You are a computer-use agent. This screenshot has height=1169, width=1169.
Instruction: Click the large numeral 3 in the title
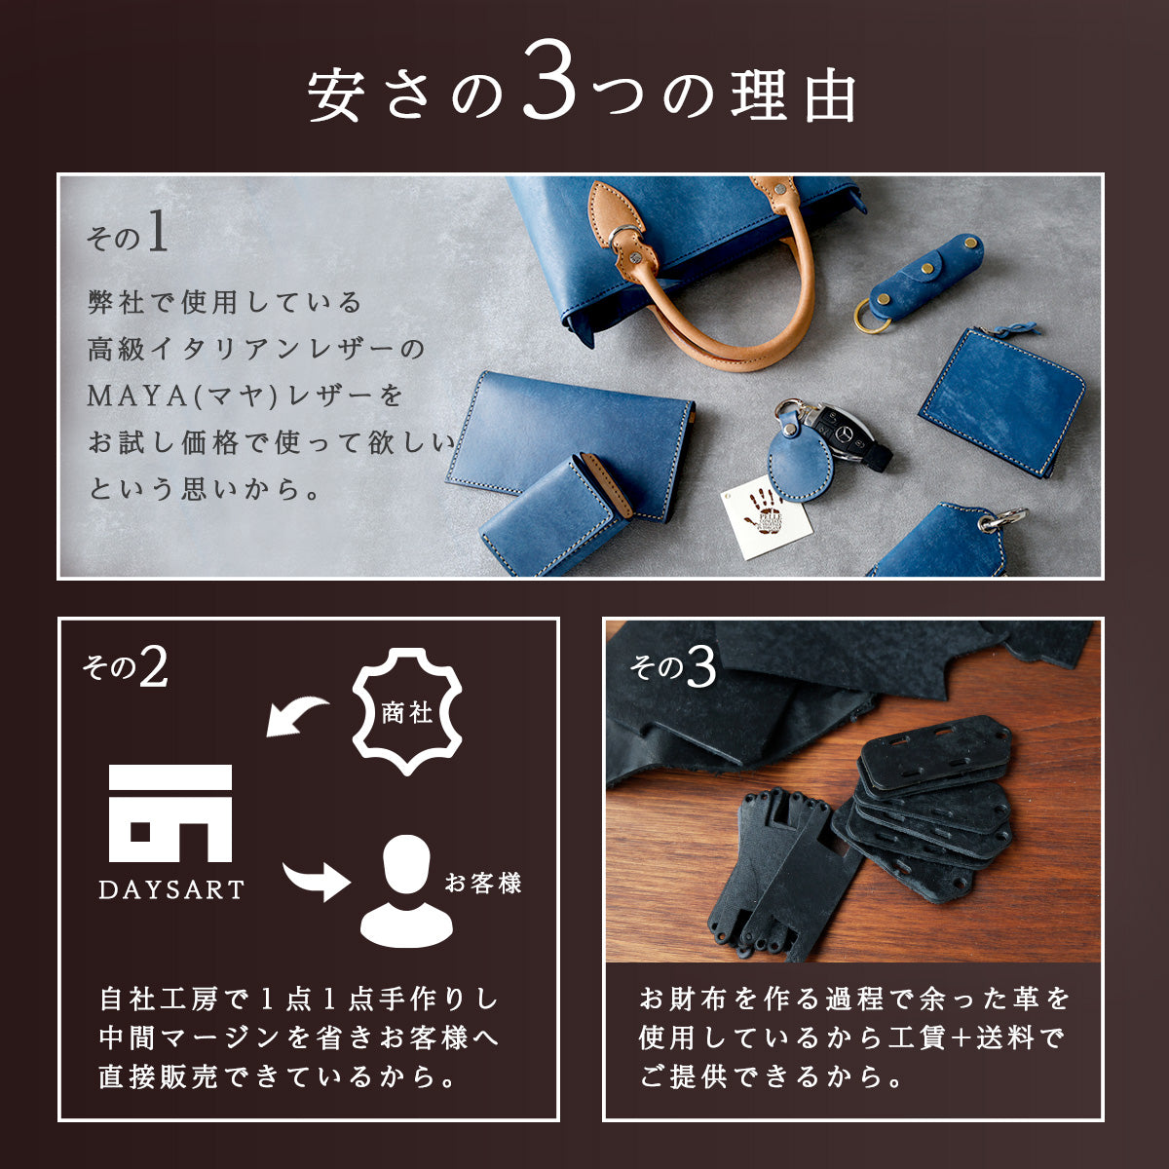click(549, 80)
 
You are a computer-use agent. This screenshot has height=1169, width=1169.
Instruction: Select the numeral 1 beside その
click(157, 231)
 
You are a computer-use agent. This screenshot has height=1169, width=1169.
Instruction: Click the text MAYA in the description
click(137, 396)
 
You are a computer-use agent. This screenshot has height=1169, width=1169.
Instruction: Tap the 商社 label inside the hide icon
click(407, 713)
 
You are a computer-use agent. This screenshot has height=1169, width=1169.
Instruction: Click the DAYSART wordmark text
click(171, 890)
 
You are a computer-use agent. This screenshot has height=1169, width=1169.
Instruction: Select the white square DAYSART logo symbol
click(170, 812)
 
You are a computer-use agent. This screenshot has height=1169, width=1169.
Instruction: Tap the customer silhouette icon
click(406, 891)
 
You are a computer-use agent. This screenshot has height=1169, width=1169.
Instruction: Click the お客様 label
click(483, 883)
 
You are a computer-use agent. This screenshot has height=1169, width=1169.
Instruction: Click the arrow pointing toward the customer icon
click(316, 882)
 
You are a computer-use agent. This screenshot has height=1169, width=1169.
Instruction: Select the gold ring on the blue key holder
click(872, 318)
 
